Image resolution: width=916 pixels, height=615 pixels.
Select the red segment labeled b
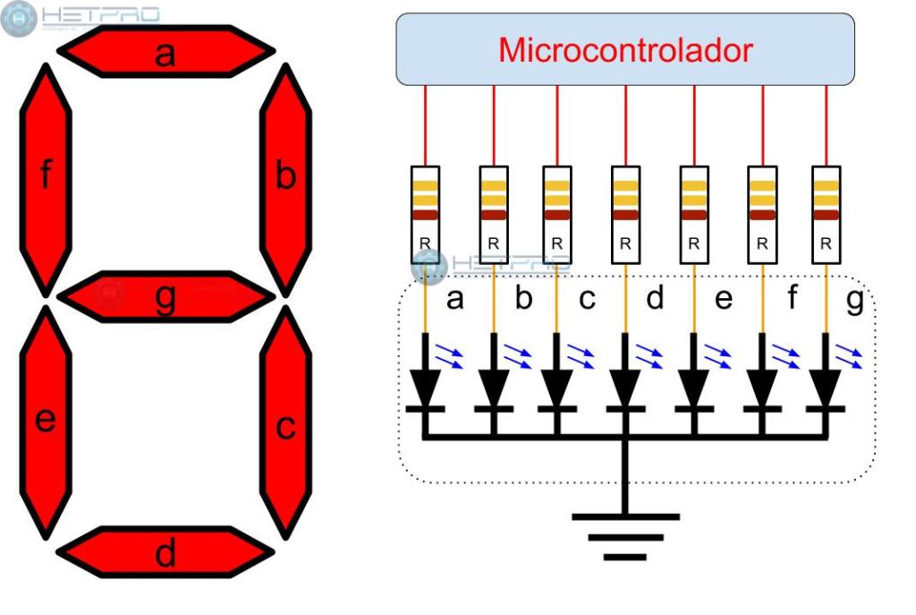click(x=285, y=179)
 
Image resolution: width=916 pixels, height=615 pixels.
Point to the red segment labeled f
click(x=45, y=179)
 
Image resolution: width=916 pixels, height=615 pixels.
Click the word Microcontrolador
click(x=625, y=50)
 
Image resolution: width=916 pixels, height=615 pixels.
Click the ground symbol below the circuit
click(x=625, y=536)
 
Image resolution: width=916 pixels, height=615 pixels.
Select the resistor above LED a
click(x=425, y=215)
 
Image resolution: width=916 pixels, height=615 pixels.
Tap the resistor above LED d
click(x=625, y=215)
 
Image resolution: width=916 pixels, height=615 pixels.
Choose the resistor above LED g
click(x=827, y=215)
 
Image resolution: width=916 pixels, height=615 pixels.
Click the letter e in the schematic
click(x=724, y=299)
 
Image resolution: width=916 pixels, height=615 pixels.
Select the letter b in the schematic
click(x=523, y=299)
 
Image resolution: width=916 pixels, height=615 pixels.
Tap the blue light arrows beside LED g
click(x=850, y=356)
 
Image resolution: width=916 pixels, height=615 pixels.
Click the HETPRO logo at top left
click(x=81, y=18)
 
